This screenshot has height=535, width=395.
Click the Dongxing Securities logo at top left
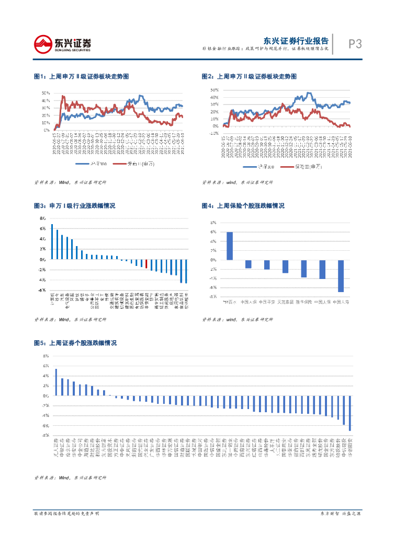pyautogui.click(x=62, y=44)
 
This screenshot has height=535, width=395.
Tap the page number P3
pyautogui.click(x=355, y=44)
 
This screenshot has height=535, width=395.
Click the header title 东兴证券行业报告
pyautogui.click(x=296, y=41)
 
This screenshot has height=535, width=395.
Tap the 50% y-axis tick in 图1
pyautogui.click(x=46, y=93)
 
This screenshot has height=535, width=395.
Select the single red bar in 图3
pyautogui.click(x=146, y=264)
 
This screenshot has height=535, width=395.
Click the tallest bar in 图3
pyautogui.click(x=52, y=242)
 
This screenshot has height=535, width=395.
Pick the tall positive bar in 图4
pyautogui.click(x=230, y=246)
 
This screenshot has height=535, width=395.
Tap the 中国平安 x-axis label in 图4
pyautogui.click(x=267, y=302)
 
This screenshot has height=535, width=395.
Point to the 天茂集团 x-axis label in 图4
pyautogui.click(x=285, y=302)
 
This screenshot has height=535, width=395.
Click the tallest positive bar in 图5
pyautogui.click(x=56, y=382)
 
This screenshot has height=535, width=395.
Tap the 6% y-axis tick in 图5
pyautogui.click(x=46, y=366)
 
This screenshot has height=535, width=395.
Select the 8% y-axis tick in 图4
pyautogui.click(x=213, y=223)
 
